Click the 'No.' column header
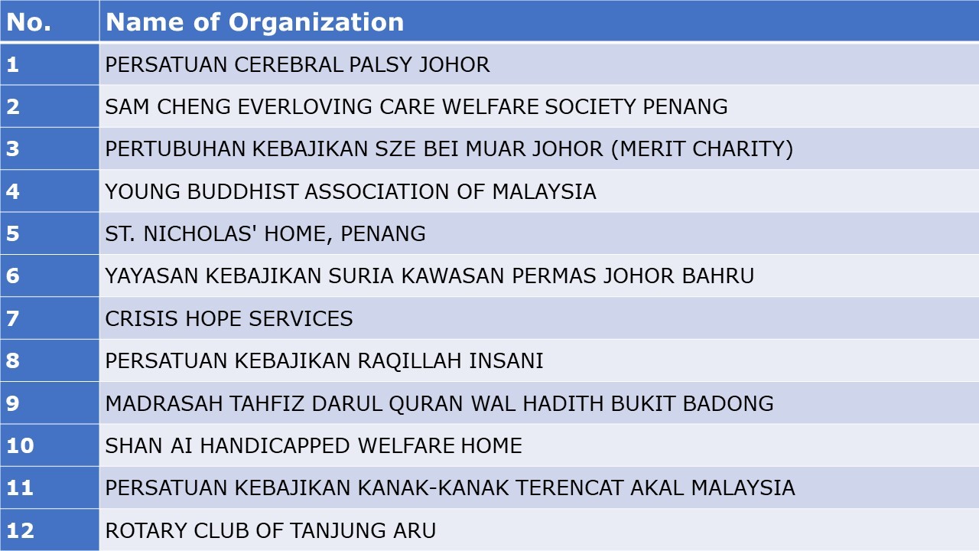pyautogui.click(x=28, y=22)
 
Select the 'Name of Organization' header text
pyautogui.click(x=255, y=22)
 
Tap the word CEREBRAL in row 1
pyautogui.click(x=288, y=65)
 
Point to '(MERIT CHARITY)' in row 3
pyautogui.click(x=702, y=149)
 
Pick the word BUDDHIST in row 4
pyautogui.click(x=242, y=191)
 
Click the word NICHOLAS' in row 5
pyautogui.click(x=200, y=233)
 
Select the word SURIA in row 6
pyautogui.click(x=361, y=276)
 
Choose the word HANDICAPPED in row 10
pyautogui.click(x=275, y=445)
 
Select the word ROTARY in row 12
pyautogui.click(x=146, y=530)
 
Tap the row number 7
pyautogui.click(x=13, y=318)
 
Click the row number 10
pyautogui.click(x=20, y=445)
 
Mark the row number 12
pyautogui.click(x=20, y=530)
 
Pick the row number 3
pyautogui.click(x=13, y=149)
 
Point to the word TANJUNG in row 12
pyautogui.click(x=338, y=530)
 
